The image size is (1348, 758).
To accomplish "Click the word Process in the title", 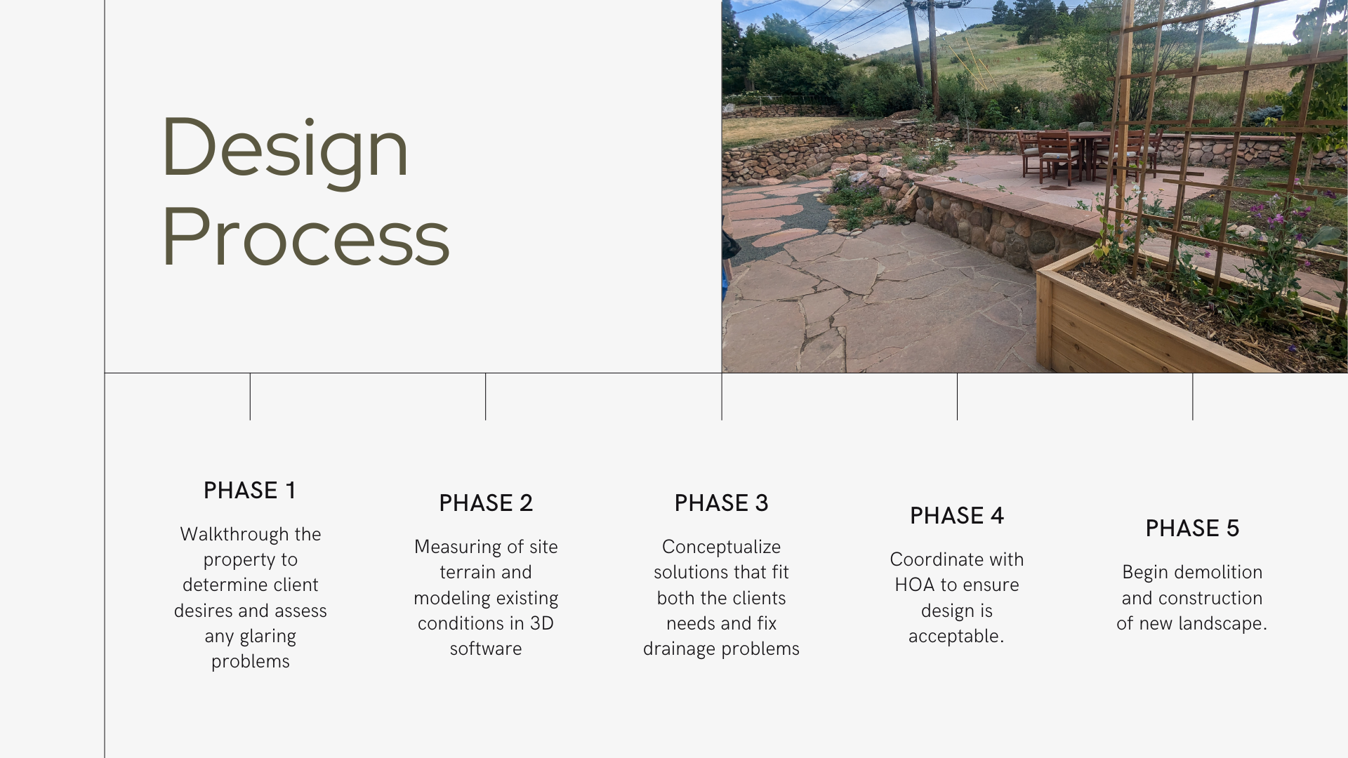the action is (x=305, y=237).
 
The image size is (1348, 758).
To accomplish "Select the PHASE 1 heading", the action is (x=250, y=491).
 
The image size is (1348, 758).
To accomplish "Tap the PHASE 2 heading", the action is (x=486, y=503).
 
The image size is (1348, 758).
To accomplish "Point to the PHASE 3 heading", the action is (x=721, y=503).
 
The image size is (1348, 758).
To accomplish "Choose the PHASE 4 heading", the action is (x=957, y=516).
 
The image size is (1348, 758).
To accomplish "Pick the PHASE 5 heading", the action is (x=1192, y=528).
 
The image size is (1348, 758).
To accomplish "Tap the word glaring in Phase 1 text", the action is (x=268, y=637).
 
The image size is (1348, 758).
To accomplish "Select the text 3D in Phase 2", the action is (x=541, y=623).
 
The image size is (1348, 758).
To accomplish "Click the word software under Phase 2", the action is (x=486, y=649).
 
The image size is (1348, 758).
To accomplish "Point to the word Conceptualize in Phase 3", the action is (x=721, y=547).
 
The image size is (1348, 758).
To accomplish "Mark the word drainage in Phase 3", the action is (x=675, y=649).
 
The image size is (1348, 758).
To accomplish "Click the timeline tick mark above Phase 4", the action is (x=957, y=397).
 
